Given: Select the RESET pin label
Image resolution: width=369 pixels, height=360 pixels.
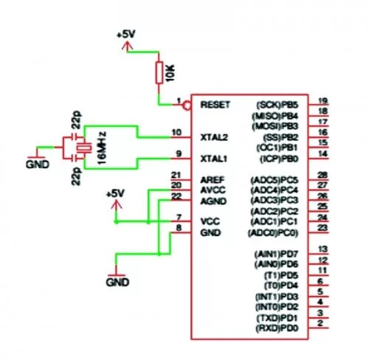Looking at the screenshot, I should click(x=215, y=105).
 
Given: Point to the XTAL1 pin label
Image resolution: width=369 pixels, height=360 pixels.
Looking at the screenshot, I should click(x=214, y=159).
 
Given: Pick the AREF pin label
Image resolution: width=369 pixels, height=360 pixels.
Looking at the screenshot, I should click(x=213, y=179).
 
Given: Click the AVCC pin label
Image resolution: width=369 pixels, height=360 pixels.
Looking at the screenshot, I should click(x=213, y=190).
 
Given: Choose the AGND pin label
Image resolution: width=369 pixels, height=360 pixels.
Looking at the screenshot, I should click(x=213, y=200).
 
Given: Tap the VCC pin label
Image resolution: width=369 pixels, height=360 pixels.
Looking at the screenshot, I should click(x=210, y=221).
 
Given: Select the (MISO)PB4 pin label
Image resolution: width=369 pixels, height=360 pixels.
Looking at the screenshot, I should click(x=275, y=116).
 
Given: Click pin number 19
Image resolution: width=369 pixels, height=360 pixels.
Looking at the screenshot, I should click(x=323, y=101).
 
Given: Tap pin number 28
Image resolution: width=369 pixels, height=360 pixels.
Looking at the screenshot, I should click(x=322, y=176).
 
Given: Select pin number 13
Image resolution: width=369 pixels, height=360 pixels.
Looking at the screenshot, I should click(x=322, y=249).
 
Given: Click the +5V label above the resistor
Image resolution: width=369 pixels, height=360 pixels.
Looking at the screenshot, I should click(x=126, y=35).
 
